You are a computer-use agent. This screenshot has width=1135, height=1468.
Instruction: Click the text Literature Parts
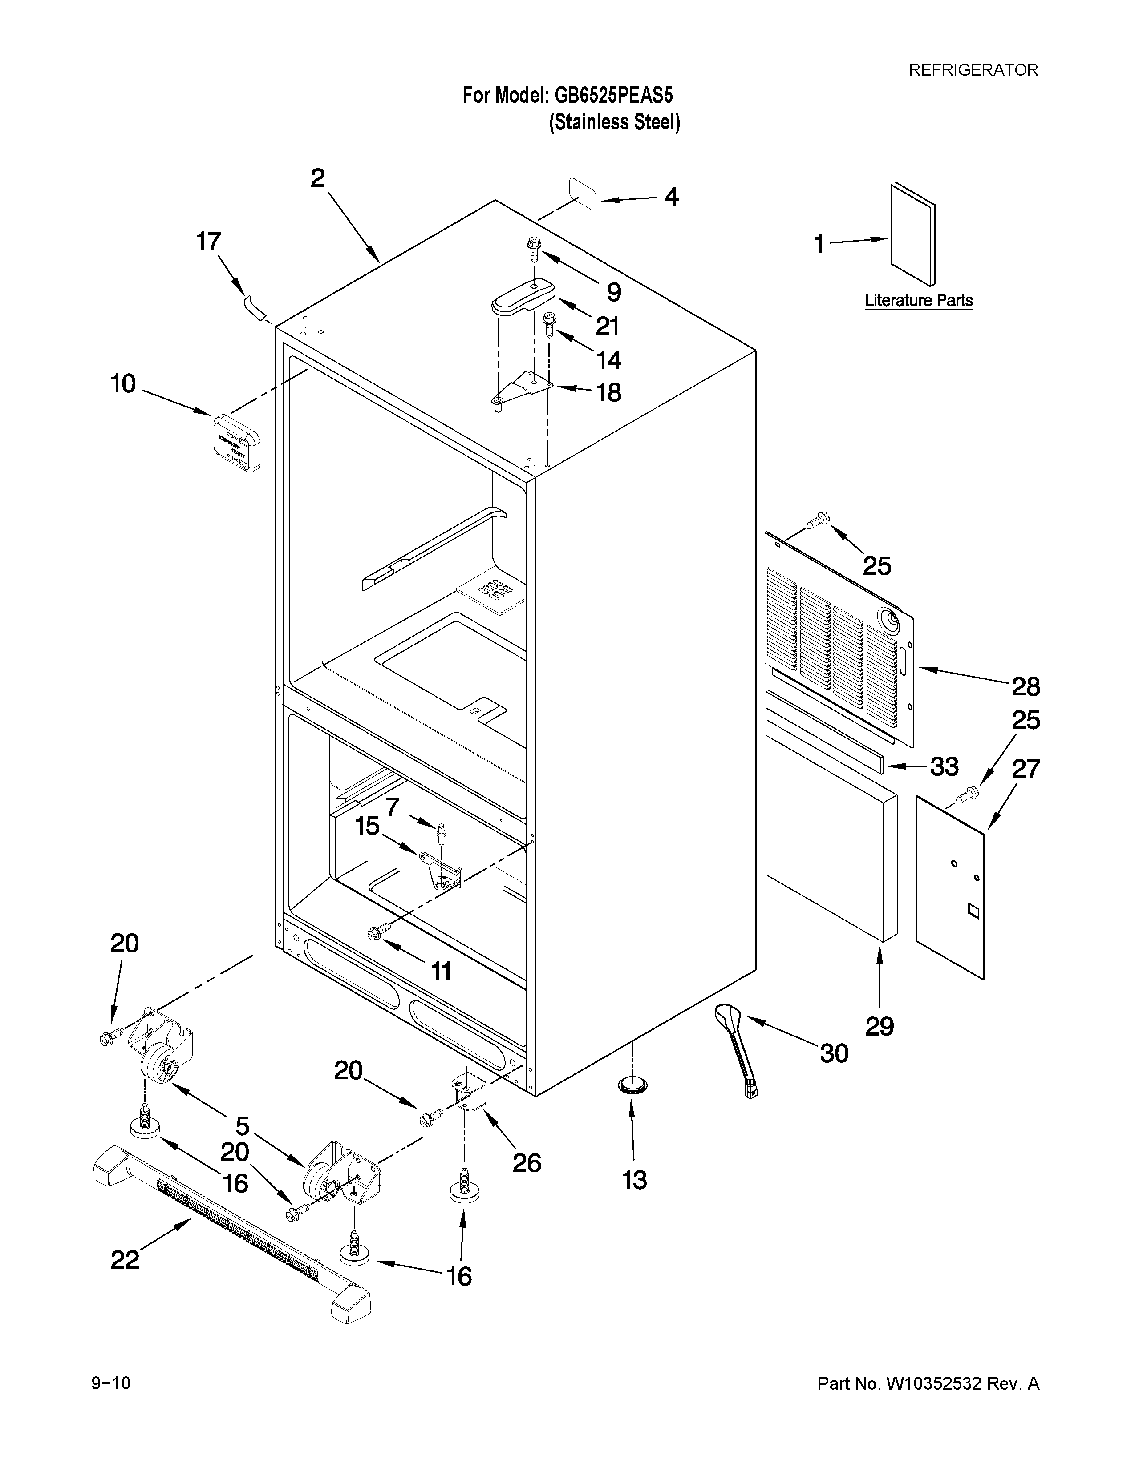click(919, 300)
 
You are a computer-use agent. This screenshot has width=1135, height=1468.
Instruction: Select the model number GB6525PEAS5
click(612, 96)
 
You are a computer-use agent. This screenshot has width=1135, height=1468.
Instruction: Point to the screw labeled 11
click(375, 932)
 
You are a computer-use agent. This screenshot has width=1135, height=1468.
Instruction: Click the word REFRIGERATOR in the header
click(973, 70)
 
